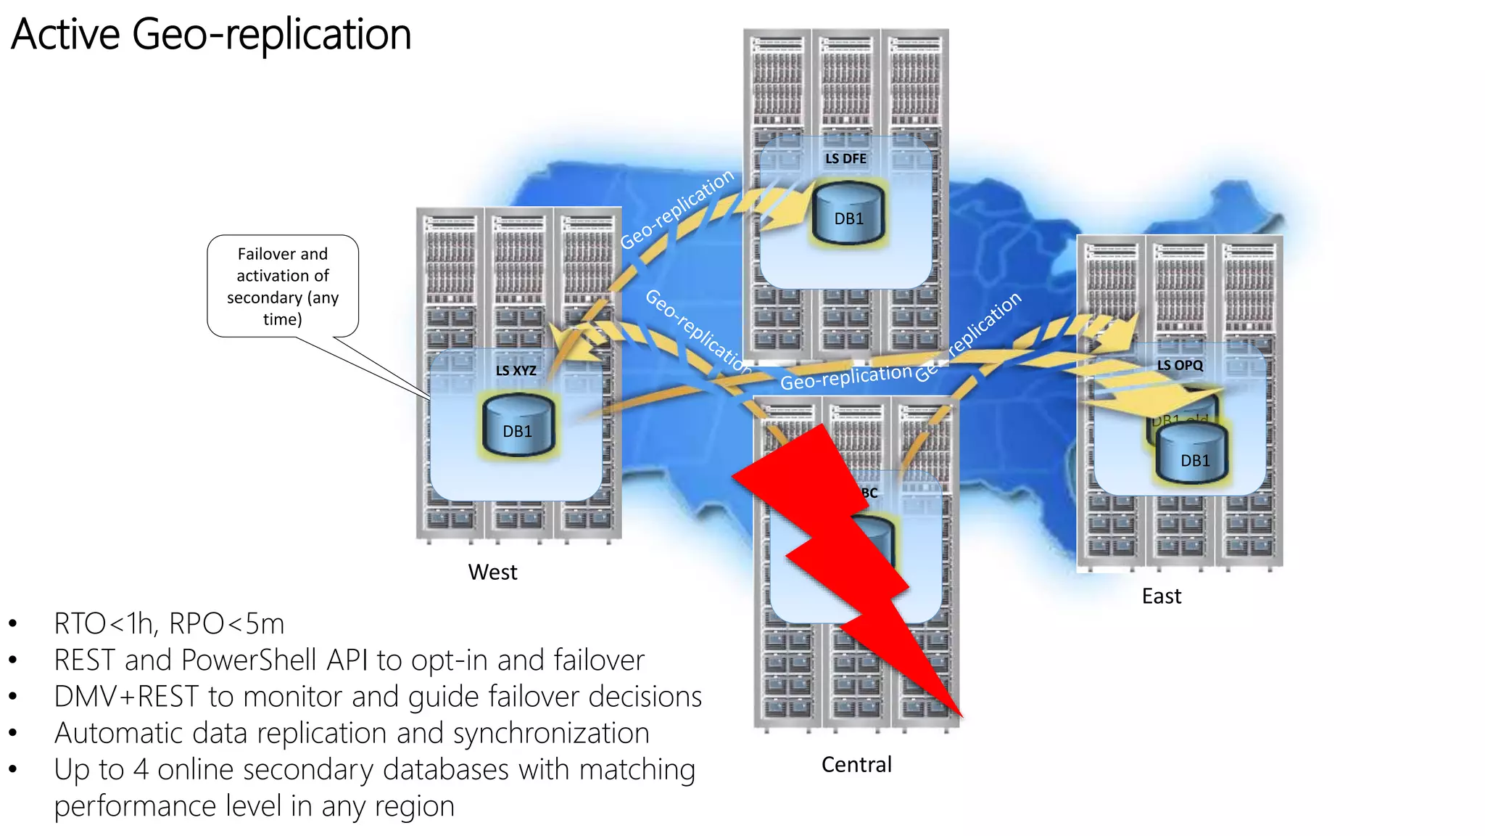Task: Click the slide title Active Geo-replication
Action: (211, 34)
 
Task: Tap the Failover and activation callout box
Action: (283, 286)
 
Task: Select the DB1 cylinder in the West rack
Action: (517, 425)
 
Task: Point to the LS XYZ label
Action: (516, 370)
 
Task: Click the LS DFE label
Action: (845, 158)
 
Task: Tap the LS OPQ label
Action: (1180, 365)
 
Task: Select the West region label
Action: (492, 572)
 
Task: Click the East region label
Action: (1161, 596)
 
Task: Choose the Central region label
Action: (856, 764)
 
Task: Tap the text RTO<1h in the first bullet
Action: (104, 623)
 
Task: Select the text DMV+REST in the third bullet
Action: (126, 697)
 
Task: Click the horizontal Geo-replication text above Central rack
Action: (845, 377)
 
